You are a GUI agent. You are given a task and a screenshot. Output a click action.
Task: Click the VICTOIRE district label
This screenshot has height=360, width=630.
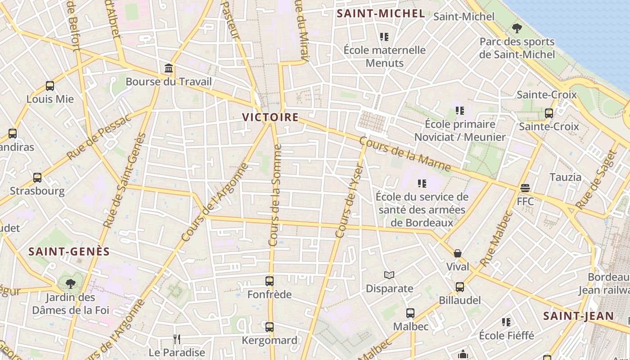pos(270,117)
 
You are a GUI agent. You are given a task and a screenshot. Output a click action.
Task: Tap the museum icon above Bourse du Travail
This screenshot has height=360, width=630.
pos(169,69)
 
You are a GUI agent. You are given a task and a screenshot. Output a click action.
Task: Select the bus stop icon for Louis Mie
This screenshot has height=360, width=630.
pos(50,86)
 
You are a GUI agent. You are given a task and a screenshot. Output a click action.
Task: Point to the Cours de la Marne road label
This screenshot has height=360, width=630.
pos(405,154)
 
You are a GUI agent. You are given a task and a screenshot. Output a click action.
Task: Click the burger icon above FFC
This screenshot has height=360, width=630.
pos(525,188)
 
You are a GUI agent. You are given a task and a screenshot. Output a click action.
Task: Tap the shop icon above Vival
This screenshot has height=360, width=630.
pos(458,253)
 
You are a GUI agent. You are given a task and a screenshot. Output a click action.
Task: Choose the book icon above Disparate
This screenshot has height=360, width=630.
pos(389,275)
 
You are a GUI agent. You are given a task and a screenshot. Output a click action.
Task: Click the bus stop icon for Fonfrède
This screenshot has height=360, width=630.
pos(270,281)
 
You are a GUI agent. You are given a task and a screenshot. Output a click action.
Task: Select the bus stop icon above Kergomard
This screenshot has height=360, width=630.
pos(270,327)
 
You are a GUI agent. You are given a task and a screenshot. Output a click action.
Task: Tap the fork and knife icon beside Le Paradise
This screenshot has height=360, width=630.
pos(177,339)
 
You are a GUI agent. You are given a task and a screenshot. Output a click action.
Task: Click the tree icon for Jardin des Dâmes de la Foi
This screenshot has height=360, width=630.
pos(70,283)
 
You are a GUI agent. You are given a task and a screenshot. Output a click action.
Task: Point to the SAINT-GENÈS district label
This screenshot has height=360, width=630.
pos(69,252)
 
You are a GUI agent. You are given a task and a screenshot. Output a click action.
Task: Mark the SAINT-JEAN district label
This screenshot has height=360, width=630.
pos(578,316)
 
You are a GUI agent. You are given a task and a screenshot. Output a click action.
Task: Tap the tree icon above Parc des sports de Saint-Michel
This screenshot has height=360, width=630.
pos(517,28)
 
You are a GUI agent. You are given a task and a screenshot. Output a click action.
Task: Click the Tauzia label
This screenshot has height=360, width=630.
pos(565,177)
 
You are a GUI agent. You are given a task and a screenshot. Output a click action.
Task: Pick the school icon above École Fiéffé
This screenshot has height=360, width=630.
pos(506,322)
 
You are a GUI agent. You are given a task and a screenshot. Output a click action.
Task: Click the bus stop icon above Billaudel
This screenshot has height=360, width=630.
pos(460,287)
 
